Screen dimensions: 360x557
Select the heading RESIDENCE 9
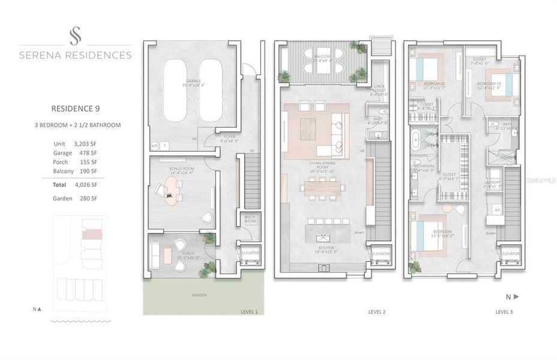click(75, 109)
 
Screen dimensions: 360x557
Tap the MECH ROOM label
click(250, 219)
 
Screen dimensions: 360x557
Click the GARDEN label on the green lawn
click(199, 295)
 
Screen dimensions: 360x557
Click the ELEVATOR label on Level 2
click(381, 254)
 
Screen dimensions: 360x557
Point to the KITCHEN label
click(325, 247)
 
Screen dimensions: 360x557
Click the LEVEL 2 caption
click(376, 312)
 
